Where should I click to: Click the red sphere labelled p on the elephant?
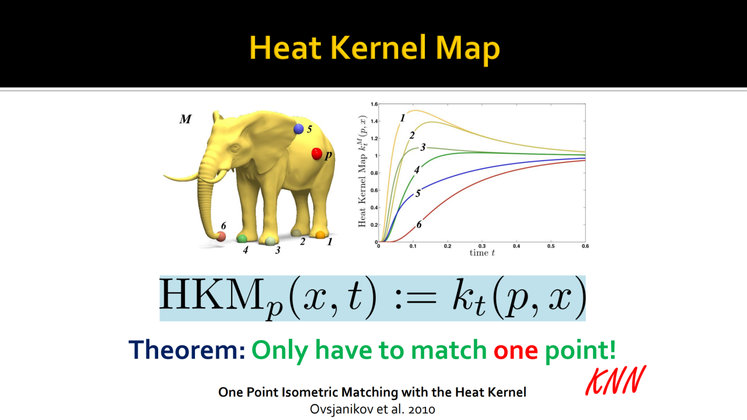(316, 154)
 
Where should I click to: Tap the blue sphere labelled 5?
(298, 129)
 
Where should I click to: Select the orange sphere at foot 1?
(320, 235)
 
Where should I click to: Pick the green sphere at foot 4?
(242, 238)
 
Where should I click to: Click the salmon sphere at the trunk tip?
(221, 237)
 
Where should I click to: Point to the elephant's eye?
(235, 149)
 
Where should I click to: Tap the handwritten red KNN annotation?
(616, 381)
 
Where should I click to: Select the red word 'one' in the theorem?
(515, 350)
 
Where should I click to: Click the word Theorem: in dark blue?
(187, 349)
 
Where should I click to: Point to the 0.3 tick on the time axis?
(482, 246)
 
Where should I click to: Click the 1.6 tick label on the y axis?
(374, 104)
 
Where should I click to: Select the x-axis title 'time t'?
(482, 253)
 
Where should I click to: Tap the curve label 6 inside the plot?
(419, 224)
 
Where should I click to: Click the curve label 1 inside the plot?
(403, 118)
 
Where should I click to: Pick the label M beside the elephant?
(186, 119)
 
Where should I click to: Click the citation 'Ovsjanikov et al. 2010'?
(372, 409)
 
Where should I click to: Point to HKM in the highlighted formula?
(211, 294)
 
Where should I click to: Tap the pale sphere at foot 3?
(270, 241)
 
